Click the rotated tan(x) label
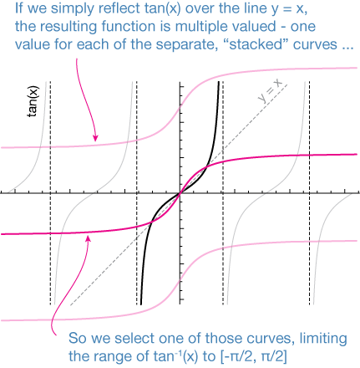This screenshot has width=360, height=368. [33, 101]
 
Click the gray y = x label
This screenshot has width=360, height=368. [270, 90]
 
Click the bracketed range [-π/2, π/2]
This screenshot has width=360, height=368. [253, 356]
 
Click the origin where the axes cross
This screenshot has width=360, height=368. [180, 192]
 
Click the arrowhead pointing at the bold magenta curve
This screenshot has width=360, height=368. [89, 238]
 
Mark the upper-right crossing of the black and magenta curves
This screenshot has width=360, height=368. [207, 167]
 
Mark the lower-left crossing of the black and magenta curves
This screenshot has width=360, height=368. [152, 222]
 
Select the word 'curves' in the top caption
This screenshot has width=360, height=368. [315, 45]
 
